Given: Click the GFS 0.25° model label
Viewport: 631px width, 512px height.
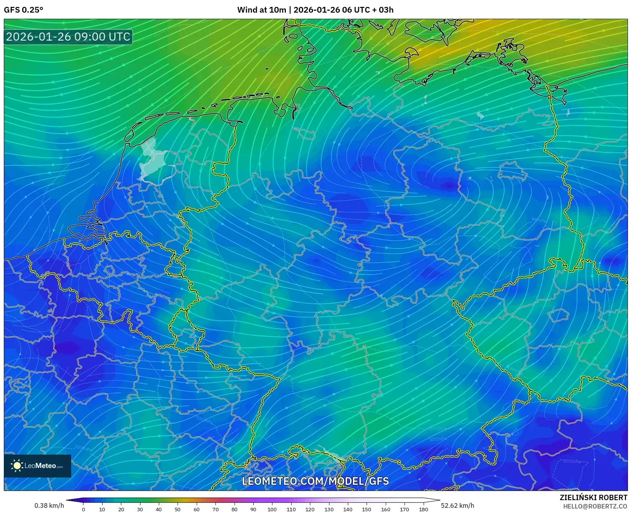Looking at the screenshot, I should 24,10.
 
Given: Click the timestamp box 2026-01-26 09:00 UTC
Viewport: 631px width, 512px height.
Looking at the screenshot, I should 68,37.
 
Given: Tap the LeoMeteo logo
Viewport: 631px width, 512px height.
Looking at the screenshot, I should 38,466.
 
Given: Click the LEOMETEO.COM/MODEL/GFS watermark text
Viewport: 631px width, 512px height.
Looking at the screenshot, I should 315,481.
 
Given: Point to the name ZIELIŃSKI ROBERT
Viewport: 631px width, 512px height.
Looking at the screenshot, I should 593,497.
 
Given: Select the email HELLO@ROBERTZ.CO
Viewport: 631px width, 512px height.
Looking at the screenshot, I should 595,506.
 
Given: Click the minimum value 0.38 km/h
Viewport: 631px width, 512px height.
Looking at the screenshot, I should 49,505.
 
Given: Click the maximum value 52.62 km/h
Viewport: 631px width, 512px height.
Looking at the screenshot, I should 457,505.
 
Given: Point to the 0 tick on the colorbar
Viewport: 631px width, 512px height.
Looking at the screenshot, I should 83,509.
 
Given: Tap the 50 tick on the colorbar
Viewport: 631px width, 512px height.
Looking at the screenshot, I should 178,509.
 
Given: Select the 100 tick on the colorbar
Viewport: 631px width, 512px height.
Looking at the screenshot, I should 272,509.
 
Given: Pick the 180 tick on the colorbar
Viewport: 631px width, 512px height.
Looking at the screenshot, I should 423,509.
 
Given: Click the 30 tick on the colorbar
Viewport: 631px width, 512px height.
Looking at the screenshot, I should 140,509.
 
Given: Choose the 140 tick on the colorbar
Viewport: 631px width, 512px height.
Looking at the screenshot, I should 348,509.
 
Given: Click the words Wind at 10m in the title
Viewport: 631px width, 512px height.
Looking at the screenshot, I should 261,10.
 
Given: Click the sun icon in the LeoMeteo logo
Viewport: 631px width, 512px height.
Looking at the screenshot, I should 17,466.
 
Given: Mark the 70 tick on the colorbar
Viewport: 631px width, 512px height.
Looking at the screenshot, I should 215,509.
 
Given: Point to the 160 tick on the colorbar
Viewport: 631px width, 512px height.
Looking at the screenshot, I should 385,509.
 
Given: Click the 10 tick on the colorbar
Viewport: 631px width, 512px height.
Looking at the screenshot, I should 102,509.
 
